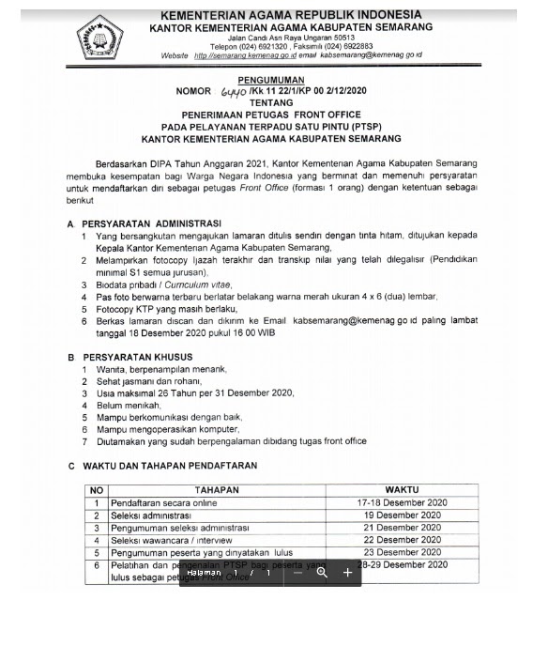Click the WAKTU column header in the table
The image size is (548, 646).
click(402, 490)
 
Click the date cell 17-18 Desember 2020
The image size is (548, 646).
click(403, 503)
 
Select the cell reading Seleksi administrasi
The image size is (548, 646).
click(151, 515)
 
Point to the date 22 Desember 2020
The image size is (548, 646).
click(403, 540)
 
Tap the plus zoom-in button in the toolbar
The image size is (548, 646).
click(347, 572)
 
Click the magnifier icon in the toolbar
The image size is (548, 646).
click(322, 572)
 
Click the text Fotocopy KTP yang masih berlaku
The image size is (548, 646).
click(167, 308)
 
